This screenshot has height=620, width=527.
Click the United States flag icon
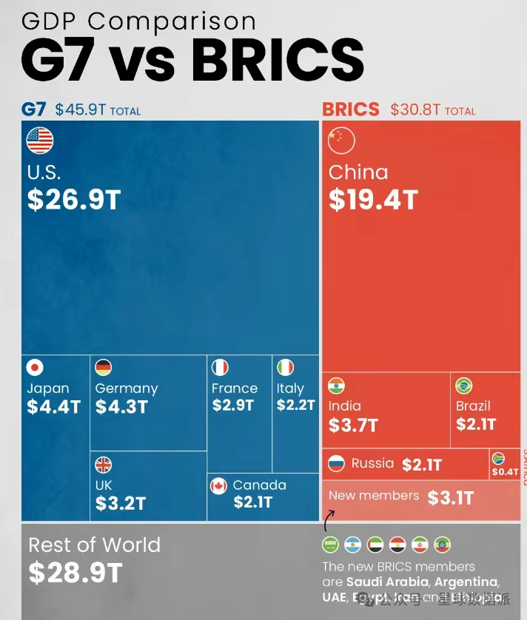(40, 141)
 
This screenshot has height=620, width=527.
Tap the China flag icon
(341, 141)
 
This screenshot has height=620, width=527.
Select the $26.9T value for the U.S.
(73, 200)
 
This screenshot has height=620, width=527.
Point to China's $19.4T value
(373, 200)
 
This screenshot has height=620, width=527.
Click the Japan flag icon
(35, 368)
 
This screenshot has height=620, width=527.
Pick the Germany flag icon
(103, 368)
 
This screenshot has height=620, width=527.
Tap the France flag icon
(220, 368)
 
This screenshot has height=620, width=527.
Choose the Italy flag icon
(285, 368)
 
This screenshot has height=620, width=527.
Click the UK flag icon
(103, 465)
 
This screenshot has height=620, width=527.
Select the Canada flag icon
(218, 485)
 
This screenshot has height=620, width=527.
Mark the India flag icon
(337, 385)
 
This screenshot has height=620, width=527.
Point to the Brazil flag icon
(464, 385)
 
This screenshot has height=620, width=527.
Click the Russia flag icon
(337, 464)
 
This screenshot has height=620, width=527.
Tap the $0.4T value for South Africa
(506, 471)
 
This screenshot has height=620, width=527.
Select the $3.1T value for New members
(450, 498)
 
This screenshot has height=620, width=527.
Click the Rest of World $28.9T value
(74, 573)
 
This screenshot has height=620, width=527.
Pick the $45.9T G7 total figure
(81, 110)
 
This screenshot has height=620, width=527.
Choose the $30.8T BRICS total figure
(416, 110)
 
